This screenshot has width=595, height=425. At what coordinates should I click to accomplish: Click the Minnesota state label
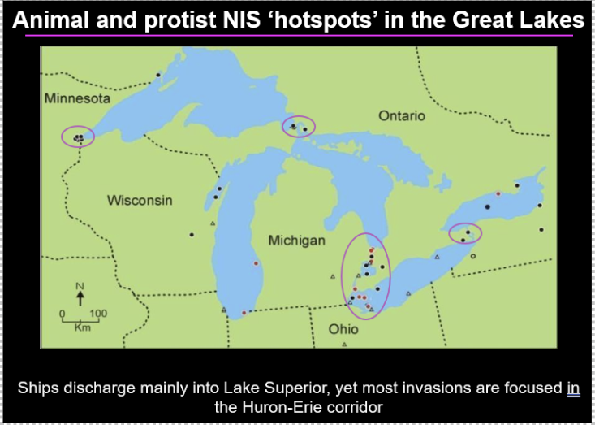(x=77, y=98)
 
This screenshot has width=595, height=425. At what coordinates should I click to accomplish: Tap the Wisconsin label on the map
(x=140, y=200)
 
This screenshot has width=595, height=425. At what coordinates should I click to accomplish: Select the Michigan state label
(x=296, y=241)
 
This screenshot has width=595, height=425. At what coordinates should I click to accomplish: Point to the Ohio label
(x=343, y=330)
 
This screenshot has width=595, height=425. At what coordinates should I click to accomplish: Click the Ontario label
(x=401, y=116)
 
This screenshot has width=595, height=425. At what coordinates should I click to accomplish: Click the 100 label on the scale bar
(x=98, y=313)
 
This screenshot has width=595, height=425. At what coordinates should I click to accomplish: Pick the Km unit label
(x=82, y=328)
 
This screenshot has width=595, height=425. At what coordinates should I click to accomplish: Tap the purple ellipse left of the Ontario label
(x=299, y=127)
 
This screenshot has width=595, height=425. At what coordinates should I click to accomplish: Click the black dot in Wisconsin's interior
(x=192, y=235)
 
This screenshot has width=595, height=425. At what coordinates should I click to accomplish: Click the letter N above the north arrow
(x=80, y=286)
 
